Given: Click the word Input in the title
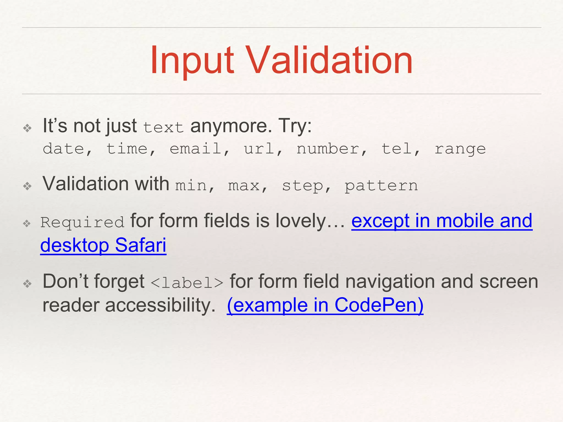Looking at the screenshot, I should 192,60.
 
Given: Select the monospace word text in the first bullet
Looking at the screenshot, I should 163,127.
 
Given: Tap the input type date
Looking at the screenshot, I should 64,149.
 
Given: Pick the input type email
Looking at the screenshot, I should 195,149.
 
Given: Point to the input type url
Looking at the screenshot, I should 259,149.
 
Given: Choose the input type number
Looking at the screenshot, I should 328,149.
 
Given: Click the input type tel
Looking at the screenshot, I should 397,149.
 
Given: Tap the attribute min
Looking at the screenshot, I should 191,186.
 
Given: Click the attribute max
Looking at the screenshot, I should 244,186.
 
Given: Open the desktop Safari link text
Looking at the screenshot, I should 103,245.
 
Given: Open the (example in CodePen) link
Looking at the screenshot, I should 325,305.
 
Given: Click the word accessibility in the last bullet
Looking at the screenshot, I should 160,305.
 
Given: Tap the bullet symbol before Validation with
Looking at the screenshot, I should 27,187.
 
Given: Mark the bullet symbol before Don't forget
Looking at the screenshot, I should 27,284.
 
